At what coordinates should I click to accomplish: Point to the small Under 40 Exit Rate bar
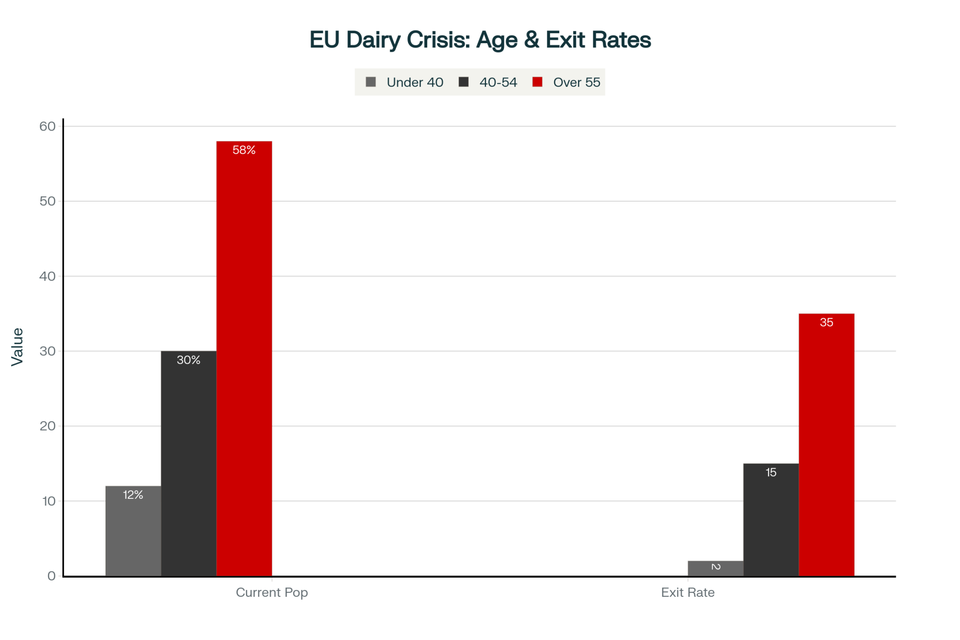715,568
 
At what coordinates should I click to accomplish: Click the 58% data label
244,150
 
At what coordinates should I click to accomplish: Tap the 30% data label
189,360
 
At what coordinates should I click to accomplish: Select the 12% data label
133,495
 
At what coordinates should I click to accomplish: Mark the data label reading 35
826,323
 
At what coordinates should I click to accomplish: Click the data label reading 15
771,472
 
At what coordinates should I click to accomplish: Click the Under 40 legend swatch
371,82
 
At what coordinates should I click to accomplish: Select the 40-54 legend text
498,83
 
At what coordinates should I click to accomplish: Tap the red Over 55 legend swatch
537,82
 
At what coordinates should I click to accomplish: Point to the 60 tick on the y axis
48,126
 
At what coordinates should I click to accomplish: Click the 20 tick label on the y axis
48,426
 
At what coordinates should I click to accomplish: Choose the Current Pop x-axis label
272,592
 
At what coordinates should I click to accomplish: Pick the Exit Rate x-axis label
687,592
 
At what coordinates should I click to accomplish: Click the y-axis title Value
17,347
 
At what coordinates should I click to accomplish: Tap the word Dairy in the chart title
373,40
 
